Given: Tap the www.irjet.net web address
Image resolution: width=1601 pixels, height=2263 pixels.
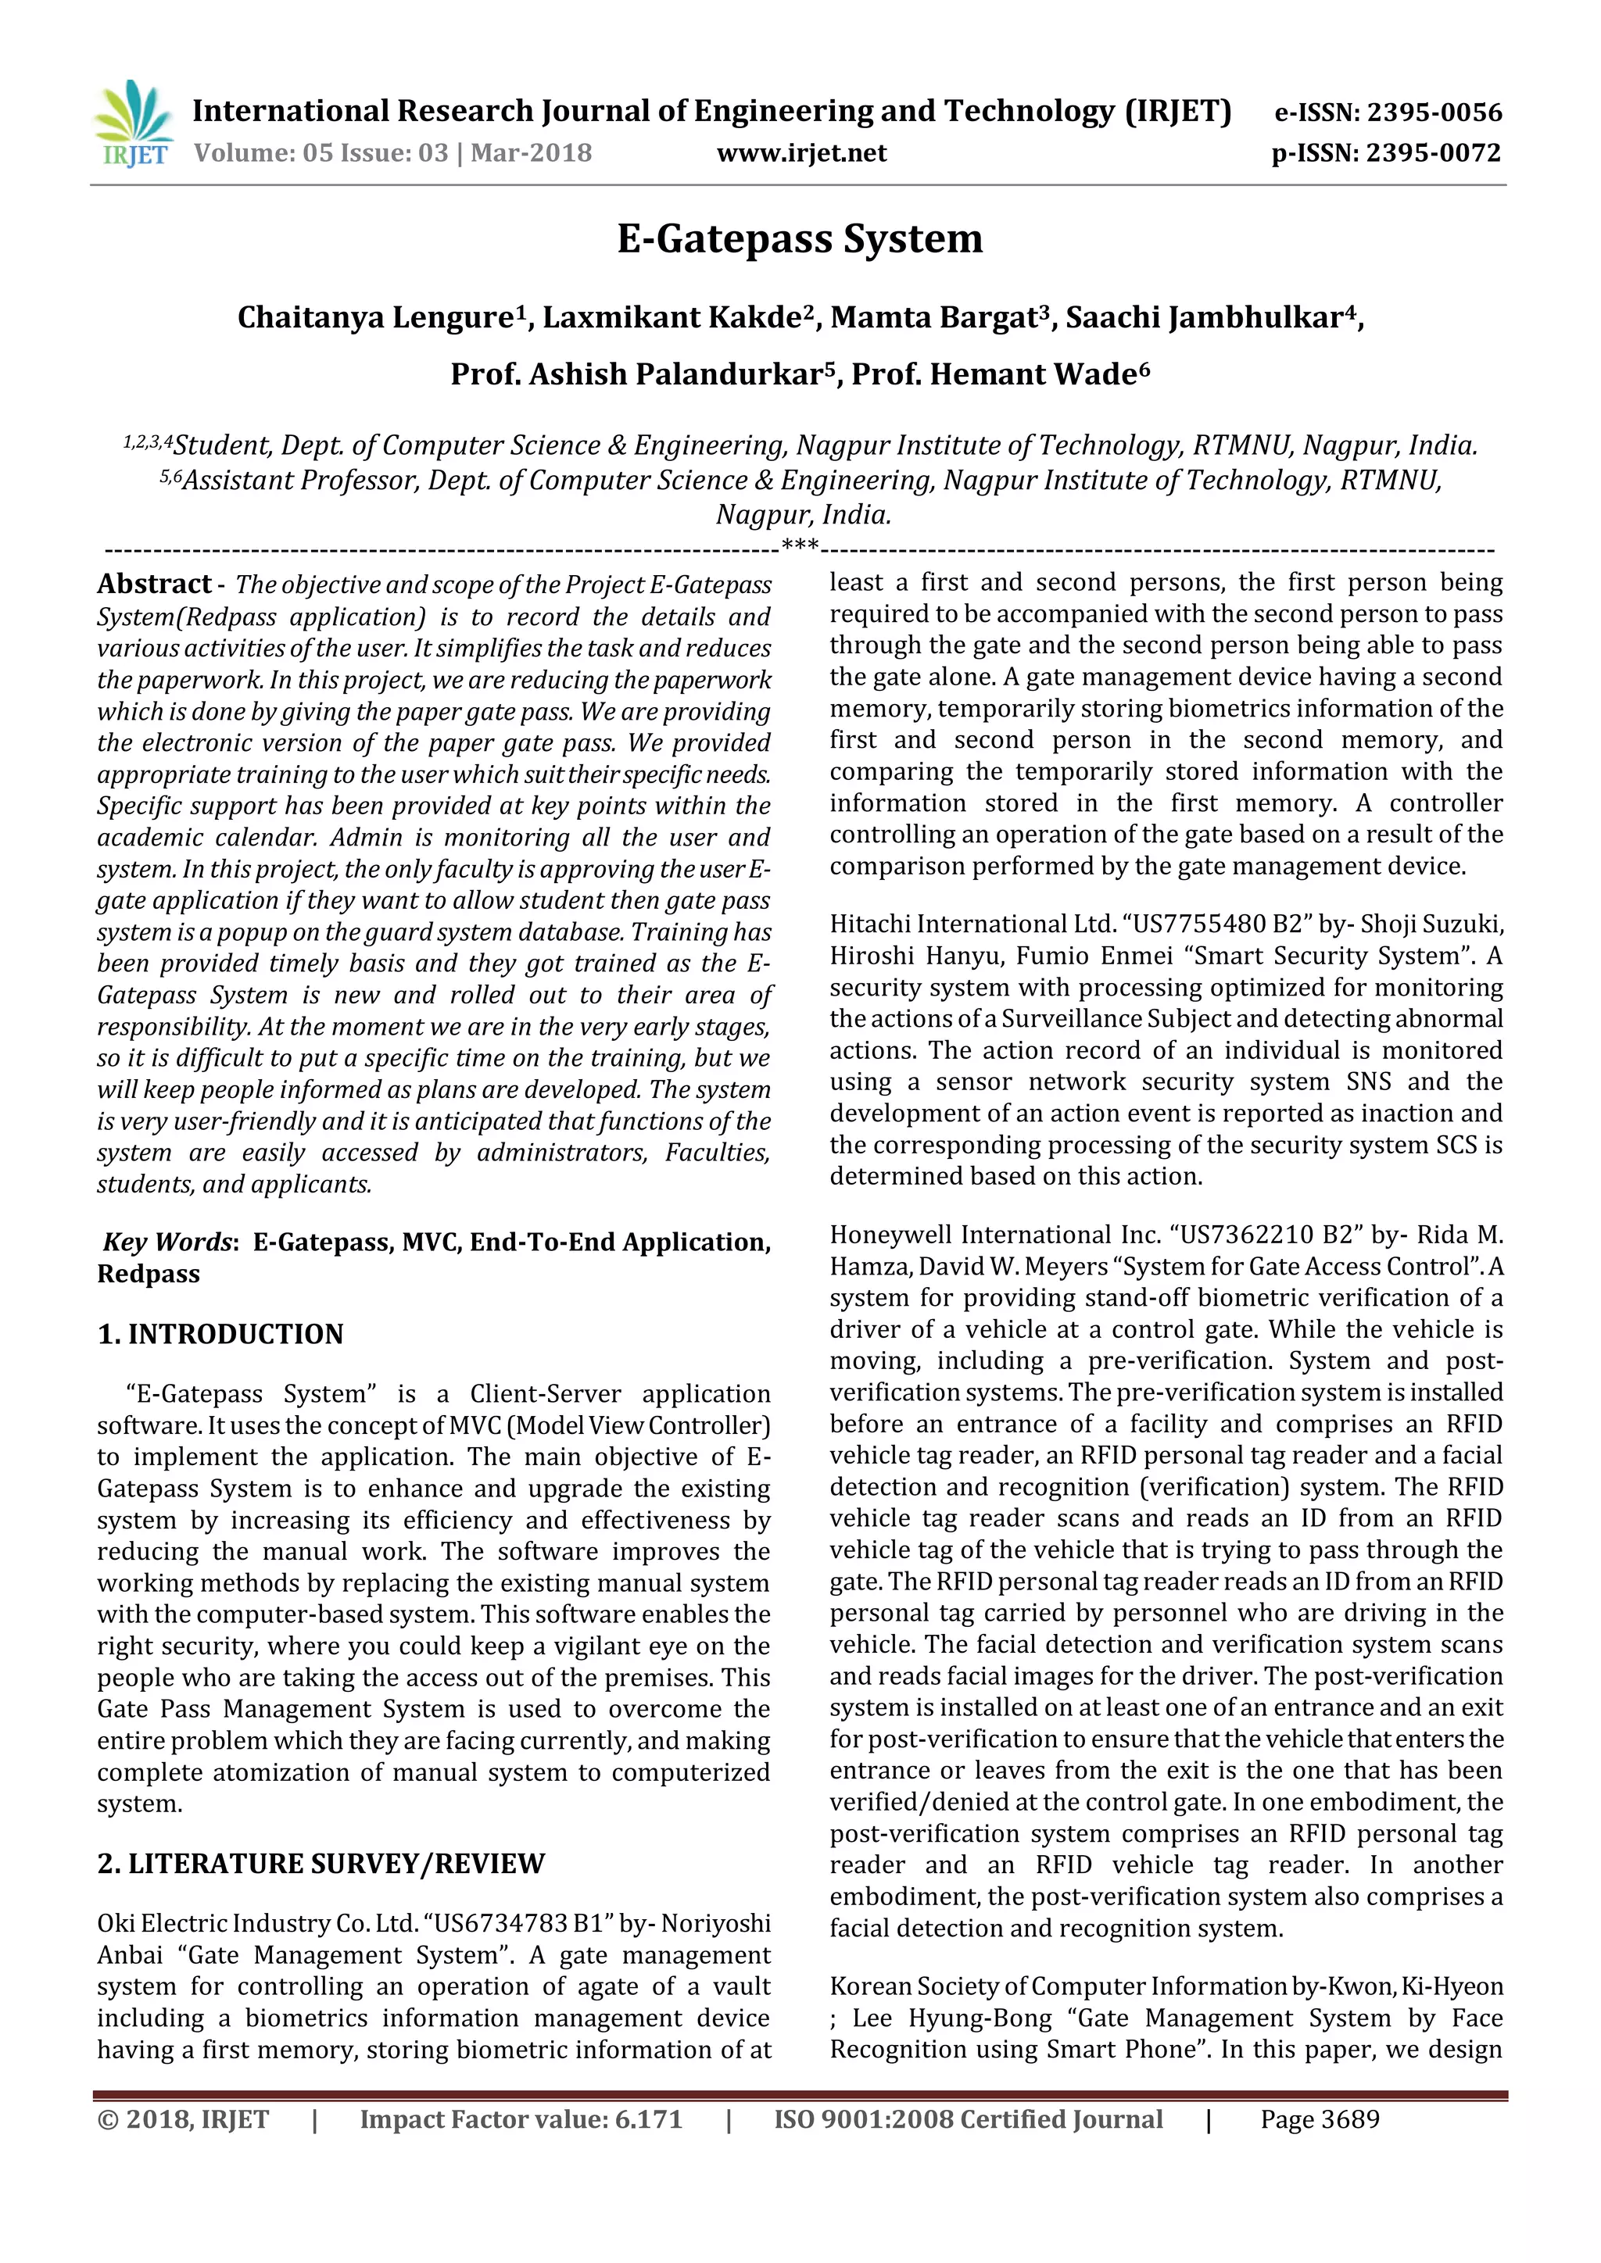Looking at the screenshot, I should [801, 154].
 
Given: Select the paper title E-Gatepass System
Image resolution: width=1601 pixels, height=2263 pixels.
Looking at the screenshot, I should [800, 238].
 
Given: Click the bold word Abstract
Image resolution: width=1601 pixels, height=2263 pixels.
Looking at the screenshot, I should [154, 585].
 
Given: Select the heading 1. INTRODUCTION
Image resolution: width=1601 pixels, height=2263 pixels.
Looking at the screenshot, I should [220, 1335].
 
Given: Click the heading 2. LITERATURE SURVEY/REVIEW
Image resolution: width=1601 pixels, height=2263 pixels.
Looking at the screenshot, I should [321, 1864].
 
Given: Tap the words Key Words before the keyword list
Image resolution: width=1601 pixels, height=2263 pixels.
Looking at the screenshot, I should [167, 1242].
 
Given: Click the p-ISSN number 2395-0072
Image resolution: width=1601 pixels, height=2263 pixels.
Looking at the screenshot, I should [1434, 154].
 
